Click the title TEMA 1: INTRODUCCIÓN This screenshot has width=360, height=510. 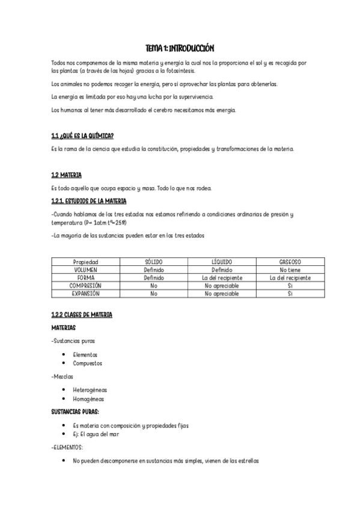[180, 48]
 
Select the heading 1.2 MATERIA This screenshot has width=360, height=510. [66, 175]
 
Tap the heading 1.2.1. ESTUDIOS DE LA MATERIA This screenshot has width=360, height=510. [89, 200]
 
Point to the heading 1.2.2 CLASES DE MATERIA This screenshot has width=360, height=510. [82, 315]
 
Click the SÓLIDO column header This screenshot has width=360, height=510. [154, 262]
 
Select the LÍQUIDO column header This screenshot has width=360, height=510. [222, 262]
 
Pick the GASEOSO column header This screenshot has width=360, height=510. [290, 262]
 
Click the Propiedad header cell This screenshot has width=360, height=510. [85, 262]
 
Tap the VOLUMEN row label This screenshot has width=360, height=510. [85, 270]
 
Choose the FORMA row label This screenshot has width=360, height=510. [85, 278]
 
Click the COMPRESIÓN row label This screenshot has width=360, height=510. [85, 286]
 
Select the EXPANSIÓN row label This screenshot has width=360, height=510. [85, 293]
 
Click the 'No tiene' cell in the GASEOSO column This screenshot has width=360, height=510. [290, 270]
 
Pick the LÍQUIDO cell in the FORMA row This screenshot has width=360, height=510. [222, 278]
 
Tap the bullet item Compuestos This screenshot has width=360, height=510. [87, 363]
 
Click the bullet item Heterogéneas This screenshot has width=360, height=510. [90, 389]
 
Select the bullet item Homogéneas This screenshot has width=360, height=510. [88, 398]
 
